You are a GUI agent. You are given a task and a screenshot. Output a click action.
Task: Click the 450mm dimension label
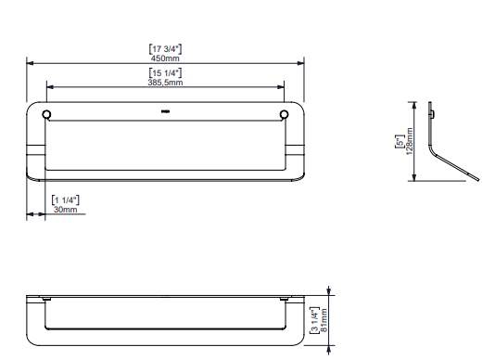[x=165, y=58]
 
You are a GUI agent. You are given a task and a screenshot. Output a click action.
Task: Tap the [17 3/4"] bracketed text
[x=165, y=49]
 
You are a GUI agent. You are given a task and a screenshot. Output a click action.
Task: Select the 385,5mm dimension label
[x=165, y=83]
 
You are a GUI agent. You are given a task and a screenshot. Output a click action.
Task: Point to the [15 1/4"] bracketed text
[x=165, y=73]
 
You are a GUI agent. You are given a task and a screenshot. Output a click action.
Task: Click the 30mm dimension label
[x=65, y=210]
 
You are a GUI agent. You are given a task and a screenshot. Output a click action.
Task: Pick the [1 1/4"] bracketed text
[x=65, y=200]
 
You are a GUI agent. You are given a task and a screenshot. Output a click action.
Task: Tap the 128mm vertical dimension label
[x=410, y=141]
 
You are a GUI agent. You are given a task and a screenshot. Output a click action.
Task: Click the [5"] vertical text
[x=400, y=141]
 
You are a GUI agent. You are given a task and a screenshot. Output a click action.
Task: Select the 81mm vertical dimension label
[x=324, y=320]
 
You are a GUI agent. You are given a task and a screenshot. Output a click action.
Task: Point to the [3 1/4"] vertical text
[x=314, y=320]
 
